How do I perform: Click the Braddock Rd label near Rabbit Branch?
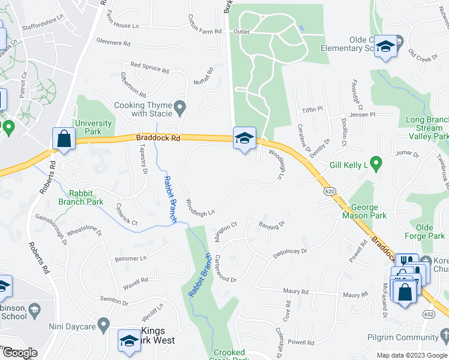coord(158,137)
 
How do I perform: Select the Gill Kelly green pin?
coord(376,162)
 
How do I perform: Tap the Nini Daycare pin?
coord(103,326)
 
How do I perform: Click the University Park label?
coord(93,127)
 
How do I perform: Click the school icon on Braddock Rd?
coord(244,139)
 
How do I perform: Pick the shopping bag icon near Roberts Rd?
coord(63,140)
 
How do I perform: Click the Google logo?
coord(20,353)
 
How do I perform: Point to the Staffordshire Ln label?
coord(42,27)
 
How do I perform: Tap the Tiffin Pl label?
coord(312,109)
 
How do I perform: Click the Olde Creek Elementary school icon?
coord(384,47)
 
